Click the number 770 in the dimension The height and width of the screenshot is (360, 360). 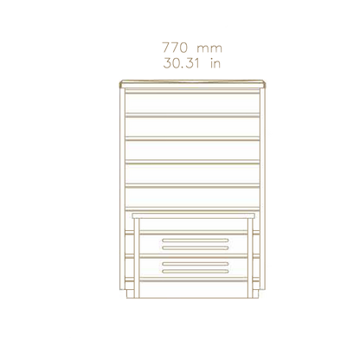[175, 48]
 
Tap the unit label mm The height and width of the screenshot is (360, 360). [209, 48]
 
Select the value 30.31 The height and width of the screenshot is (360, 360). [182, 63]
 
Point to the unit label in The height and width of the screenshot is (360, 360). [215, 63]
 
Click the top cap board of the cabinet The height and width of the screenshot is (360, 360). [192, 84]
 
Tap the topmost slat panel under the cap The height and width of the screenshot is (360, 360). [192, 103]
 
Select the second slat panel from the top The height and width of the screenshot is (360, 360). [192, 127]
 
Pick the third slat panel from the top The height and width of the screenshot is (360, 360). [192, 151]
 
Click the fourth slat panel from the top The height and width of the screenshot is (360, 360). [192, 174]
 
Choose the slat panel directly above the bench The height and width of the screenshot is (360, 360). [192, 197]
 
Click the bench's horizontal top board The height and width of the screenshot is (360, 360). [193, 215]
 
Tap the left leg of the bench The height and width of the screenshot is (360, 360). [137, 258]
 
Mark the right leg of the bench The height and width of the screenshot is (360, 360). [249, 258]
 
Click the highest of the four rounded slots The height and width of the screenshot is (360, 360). [196, 241]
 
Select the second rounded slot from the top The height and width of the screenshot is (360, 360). [196, 247]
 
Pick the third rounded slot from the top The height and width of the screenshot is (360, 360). [196, 264]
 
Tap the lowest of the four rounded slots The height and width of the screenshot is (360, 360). [196, 272]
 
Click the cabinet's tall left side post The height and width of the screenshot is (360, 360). [122, 189]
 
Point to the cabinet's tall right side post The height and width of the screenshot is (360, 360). [262, 189]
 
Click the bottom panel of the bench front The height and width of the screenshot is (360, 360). [193, 290]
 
